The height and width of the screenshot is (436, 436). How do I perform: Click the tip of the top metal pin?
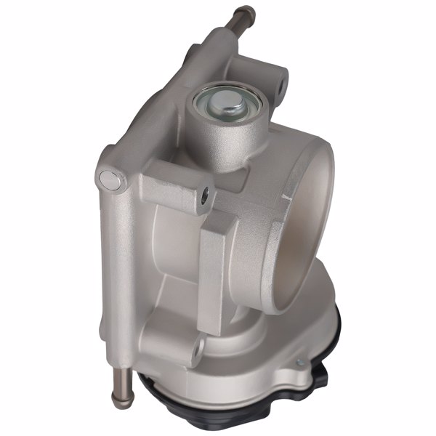pos(251,10)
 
